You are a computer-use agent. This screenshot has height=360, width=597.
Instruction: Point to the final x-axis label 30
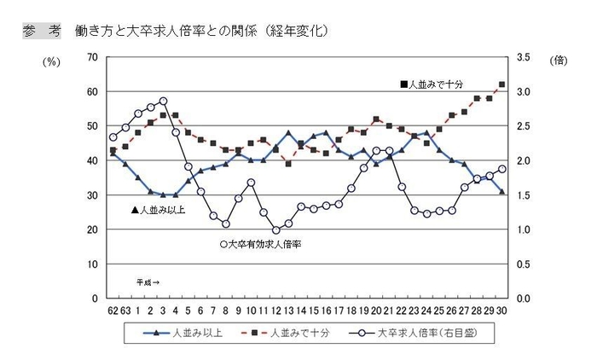click(502, 309)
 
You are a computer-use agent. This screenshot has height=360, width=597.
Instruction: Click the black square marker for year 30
click(502, 84)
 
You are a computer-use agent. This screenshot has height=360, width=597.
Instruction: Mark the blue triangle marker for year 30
click(502, 192)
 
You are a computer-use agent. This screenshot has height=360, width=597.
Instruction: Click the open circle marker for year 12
click(275, 230)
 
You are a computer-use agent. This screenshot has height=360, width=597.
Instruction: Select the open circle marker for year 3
click(163, 101)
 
